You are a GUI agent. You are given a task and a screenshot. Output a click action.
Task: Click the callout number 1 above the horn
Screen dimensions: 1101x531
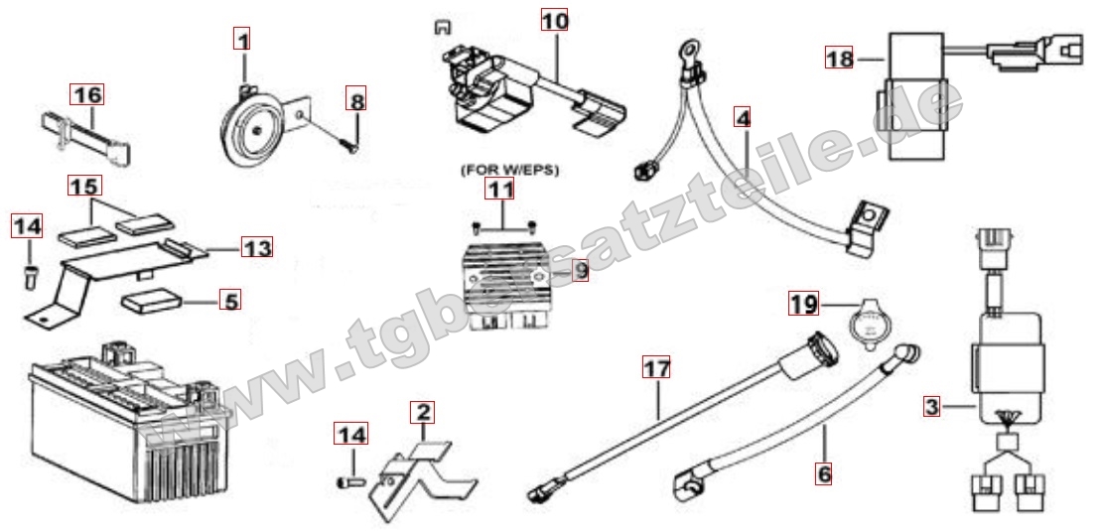coord(242,40)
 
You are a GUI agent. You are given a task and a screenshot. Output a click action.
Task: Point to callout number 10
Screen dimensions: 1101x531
coord(555,20)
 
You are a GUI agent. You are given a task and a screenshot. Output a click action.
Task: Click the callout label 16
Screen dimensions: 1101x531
coord(86,94)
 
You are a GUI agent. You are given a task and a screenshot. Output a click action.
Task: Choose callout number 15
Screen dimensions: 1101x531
coord(85,186)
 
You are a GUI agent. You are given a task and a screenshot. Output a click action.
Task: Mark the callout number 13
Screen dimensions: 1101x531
coord(257,246)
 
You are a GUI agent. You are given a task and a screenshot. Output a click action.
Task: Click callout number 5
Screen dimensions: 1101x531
coord(229,301)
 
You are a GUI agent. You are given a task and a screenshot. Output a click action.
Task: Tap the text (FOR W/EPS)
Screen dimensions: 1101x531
coord(509,171)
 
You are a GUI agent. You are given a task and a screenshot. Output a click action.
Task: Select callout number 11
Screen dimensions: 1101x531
coord(500,189)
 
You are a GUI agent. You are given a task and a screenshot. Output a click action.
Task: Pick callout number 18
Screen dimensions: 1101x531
coord(839,59)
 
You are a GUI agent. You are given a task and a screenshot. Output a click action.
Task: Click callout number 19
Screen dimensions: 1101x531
coord(803,304)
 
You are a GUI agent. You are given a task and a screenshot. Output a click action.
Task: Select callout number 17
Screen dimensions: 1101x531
coord(656,366)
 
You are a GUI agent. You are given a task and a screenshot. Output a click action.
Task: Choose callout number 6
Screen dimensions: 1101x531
coord(824,473)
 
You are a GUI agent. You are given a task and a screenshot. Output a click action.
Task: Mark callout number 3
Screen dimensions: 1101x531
coord(932,406)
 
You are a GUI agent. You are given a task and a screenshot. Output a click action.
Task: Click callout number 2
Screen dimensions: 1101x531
coord(423,412)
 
